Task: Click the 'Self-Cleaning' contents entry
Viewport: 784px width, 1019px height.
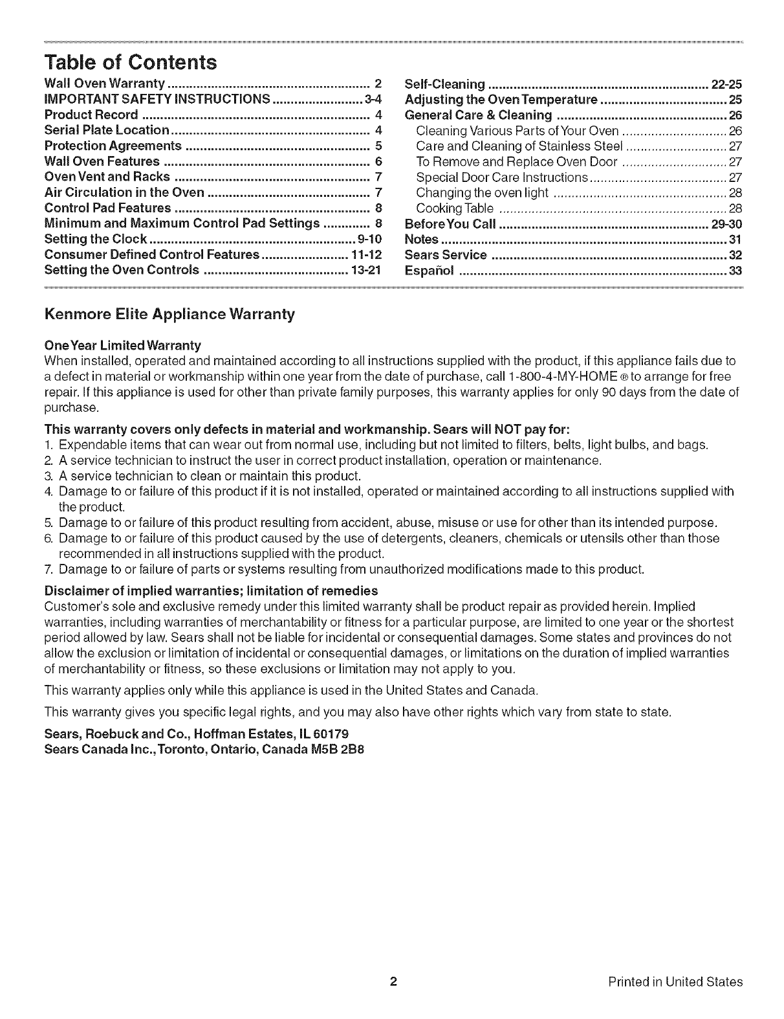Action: (x=444, y=84)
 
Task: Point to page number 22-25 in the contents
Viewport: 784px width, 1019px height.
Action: (x=726, y=84)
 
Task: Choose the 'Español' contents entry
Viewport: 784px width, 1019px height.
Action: (x=429, y=270)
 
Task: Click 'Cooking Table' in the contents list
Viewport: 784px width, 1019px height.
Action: (x=455, y=208)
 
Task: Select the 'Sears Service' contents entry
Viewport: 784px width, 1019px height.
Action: (x=445, y=254)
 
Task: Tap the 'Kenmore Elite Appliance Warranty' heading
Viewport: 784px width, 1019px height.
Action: (x=169, y=315)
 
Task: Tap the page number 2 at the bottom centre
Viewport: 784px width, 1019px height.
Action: (x=393, y=982)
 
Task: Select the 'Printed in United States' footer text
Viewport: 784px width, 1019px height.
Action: (x=675, y=982)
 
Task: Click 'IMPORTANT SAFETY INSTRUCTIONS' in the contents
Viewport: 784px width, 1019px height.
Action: (x=157, y=100)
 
